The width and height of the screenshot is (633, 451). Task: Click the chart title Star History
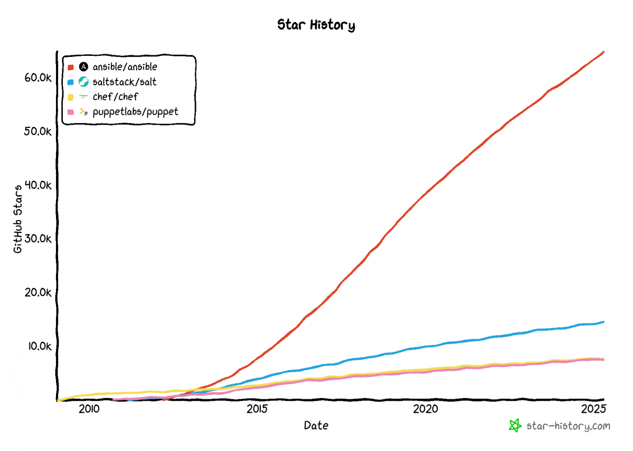point(316,25)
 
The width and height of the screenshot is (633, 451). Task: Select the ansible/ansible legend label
point(125,67)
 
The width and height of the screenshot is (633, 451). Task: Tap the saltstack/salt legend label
point(124,82)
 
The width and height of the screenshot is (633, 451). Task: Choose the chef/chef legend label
point(115,97)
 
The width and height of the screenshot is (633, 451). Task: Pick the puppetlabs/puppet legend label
point(135,112)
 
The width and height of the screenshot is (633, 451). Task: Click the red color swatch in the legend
point(71,67)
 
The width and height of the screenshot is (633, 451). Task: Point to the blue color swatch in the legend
point(71,82)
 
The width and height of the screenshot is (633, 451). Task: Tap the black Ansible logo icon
point(84,67)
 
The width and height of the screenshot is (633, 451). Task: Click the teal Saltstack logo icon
point(84,82)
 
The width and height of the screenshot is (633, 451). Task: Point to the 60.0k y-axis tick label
point(38,77)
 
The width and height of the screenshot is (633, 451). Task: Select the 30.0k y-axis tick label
point(38,239)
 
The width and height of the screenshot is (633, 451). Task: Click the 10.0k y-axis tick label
point(40,346)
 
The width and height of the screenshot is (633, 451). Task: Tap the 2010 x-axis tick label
point(89,409)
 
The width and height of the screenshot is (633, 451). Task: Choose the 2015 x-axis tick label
point(257,409)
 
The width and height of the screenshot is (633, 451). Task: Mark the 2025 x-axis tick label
point(593,409)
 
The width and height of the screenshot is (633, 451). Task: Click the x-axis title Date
point(316,425)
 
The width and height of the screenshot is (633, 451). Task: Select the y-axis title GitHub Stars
point(18,219)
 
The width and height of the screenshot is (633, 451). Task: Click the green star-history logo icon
point(515,425)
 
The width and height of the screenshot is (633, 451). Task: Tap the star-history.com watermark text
point(568,426)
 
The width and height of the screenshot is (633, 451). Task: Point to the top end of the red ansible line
point(603,52)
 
